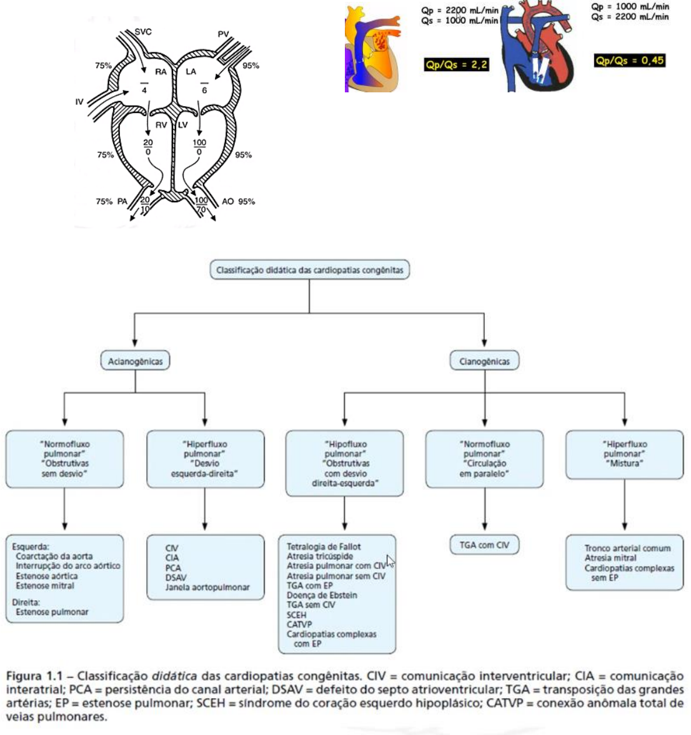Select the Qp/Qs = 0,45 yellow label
(x=630, y=61)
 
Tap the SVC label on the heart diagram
(x=143, y=31)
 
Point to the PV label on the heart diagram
(x=223, y=34)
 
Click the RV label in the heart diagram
(x=161, y=125)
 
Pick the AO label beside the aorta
(x=228, y=202)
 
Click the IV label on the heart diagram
(x=79, y=102)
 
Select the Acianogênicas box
(x=135, y=361)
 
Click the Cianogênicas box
(x=484, y=361)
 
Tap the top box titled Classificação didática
(x=309, y=271)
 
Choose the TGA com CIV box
(x=484, y=545)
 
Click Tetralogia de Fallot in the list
(x=324, y=547)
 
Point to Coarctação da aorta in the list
(x=54, y=556)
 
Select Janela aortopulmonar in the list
(x=207, y=587)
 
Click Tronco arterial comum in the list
(x=627, y=548)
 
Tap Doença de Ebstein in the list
(x=322, y=595)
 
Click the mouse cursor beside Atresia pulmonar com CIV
(x=390, y=561)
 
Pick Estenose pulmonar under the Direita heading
(x=52, y=612)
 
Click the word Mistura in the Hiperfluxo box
(x=625, y=464)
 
